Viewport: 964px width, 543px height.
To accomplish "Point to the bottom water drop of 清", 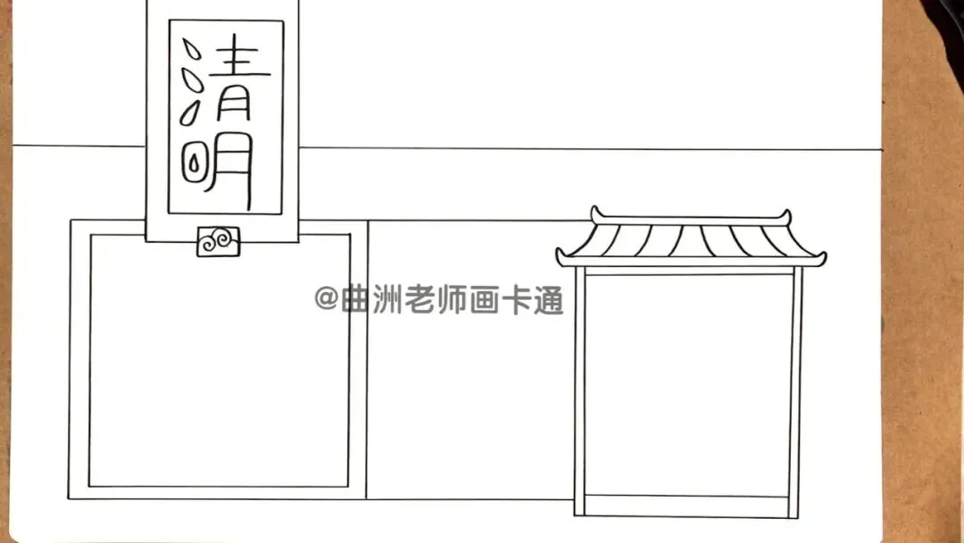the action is pyautogui.click(x=190, y=114).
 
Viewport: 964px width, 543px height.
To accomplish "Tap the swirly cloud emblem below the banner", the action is pyautogui.click(x=218, y=241).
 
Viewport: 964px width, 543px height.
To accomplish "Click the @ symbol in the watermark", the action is pyautogui.click(x=325, y=298).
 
